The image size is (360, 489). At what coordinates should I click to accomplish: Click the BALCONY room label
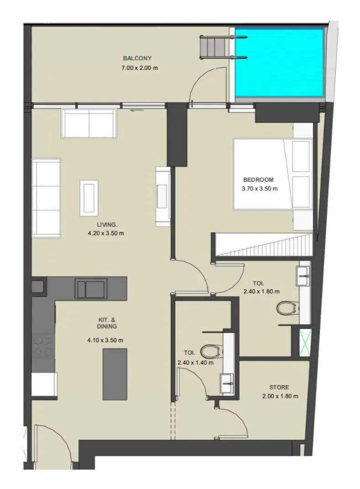click(x=137, y=58)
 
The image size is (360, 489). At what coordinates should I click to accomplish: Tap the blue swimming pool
click(x=279, y=63)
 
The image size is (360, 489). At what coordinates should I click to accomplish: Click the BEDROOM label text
click(x=258, y=180)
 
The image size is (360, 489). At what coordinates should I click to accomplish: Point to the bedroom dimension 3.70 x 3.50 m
click(x=259, y=189)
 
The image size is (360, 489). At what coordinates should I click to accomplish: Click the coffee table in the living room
click(x=89, y=198)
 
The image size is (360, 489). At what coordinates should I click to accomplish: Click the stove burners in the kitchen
click(x=43, y=346)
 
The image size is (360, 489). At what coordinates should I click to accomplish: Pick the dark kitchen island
click(x=115, y=374)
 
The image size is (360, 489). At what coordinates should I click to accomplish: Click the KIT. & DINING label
click(x=107, y=323)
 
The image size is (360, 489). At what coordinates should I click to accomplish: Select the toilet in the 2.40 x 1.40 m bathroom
click(x=211, y=351)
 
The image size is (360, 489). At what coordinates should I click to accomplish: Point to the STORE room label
click(x=279, y=388)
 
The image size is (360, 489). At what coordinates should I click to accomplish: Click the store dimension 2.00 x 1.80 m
click(x=280, y=396)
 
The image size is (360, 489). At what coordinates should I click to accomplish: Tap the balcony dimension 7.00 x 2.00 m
click(x=140, y=68)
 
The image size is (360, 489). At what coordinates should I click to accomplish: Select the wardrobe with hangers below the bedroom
click(x=265, y=246)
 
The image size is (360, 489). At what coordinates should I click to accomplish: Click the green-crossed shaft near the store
click(x=305, y=343)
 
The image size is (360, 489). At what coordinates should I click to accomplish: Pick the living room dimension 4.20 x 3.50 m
click(x=106, y=233)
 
